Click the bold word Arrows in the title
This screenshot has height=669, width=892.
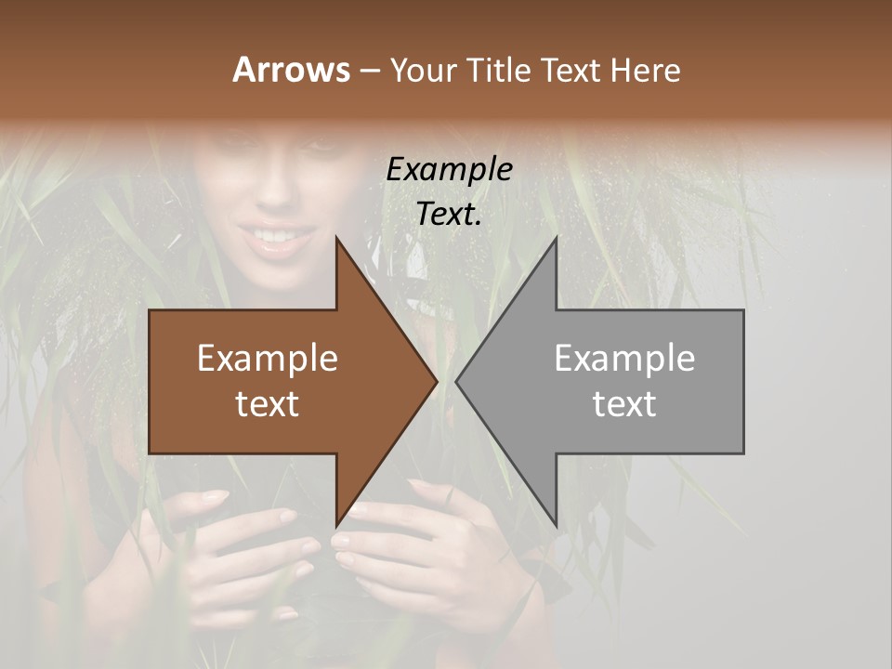[291, 71]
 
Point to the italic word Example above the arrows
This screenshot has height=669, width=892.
[449, 169]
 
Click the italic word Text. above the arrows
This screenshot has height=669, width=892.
[449, 214]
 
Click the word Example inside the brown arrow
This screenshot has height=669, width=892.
[268, 359]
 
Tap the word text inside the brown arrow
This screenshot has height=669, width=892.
[268, 403]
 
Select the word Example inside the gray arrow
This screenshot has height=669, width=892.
[624, 359]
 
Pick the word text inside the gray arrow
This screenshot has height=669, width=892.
[624, 403]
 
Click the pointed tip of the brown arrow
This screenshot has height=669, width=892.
[437, 381]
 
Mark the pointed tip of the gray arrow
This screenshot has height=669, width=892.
[456, 381]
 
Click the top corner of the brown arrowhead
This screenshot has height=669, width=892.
[336, 237]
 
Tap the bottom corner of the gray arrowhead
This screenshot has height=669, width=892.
[556, 526]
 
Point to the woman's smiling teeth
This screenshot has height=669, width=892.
[275, 236]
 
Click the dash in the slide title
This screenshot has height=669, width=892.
[369, 72]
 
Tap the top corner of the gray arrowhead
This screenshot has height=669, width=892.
[556, 237]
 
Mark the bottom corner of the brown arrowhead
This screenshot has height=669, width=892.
[336, 526]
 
